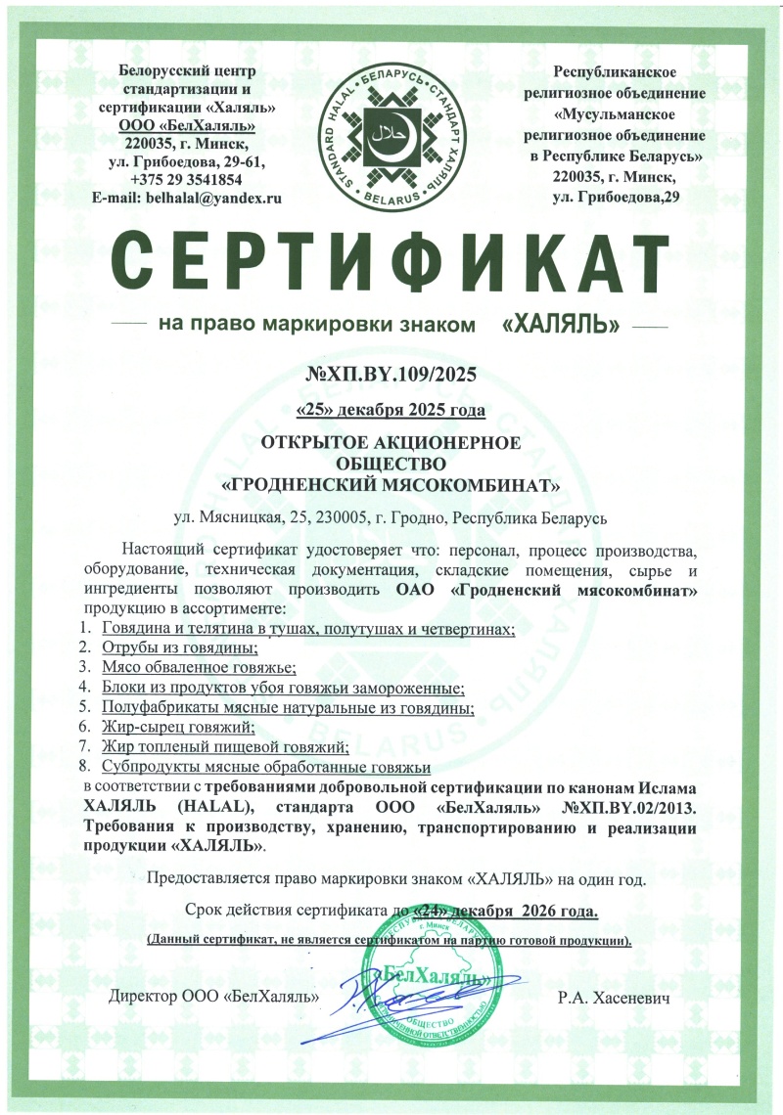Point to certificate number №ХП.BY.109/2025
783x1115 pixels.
[x=391, y=373]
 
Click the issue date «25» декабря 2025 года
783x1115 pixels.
[x=391, y=408]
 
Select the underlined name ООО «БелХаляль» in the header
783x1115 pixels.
[x=186, y=124]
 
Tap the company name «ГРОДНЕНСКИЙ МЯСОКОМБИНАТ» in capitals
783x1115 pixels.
[x=391, y=484]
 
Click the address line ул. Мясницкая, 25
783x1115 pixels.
[x=391, y=515]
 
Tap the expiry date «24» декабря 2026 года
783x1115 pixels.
[x=507, y=912]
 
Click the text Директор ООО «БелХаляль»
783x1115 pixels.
[x=214, y=999]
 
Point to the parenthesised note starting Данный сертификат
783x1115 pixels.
[x=390, y=940]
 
